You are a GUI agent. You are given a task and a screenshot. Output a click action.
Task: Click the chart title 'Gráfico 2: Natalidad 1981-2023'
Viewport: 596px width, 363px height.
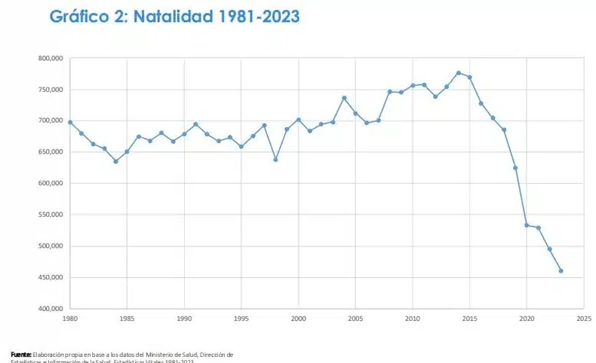tap(174, 17)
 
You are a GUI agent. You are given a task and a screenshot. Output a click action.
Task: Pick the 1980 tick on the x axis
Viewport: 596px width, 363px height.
tap(69, 319)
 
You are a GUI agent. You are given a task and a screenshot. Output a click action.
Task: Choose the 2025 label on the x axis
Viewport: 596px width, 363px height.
tap(583, 319)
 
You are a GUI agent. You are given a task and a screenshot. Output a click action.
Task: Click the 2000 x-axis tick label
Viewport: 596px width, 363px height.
tap(298, 319)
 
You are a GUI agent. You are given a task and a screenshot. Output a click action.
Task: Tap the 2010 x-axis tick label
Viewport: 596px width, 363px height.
tap(412, 319)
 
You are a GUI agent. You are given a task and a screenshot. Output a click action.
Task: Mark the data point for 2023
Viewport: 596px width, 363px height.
tap(561, 271)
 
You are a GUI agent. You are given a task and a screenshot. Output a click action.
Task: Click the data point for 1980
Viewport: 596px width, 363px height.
tap(70, 122)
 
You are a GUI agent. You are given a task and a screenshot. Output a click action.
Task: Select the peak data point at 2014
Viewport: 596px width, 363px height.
tap(458, 73)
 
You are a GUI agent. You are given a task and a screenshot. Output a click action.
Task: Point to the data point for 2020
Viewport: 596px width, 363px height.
tap(527, 225)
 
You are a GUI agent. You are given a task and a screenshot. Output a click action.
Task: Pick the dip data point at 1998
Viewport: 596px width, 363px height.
tap(275, 160)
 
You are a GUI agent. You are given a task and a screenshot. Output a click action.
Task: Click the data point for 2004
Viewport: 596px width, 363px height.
tap(344, 98)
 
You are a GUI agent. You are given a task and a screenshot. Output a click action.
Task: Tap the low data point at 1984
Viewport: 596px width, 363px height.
tap(115, 161)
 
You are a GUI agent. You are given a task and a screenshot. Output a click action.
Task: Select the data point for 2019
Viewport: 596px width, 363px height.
tap(515, 168)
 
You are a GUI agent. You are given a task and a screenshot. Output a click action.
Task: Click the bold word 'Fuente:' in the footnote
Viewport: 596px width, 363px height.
tap(21, 354)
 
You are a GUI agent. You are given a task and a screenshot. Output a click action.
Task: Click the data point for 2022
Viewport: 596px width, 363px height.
tap(549, 249)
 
